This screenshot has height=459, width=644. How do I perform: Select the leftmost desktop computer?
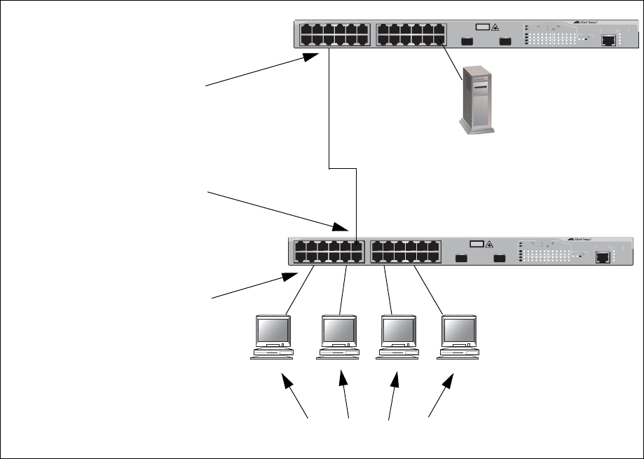click(x=273, y=336)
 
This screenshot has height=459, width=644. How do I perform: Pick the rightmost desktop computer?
click(x=458, y=336)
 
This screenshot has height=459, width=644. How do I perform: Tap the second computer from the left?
click(x=338, y=336)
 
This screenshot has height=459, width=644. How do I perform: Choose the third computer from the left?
click(x=398, y=336)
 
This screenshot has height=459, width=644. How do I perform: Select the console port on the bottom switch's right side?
click(x=602, y=256)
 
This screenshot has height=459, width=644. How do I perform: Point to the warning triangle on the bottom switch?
click(x=489, y=244)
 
